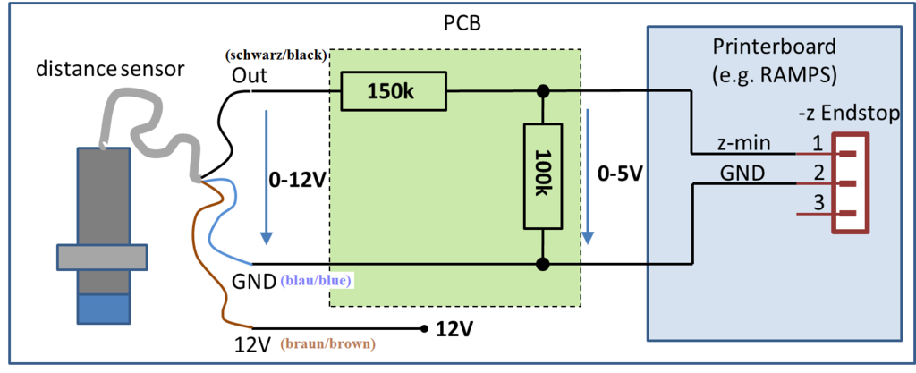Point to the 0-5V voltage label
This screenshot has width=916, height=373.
tap(620, 174)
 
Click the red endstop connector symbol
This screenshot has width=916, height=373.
tap(852, 182)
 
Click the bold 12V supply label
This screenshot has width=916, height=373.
tap(454, 329)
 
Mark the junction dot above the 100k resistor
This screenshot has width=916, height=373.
tap(542, 91)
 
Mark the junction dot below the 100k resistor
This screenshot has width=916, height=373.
tap(542, 264)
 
